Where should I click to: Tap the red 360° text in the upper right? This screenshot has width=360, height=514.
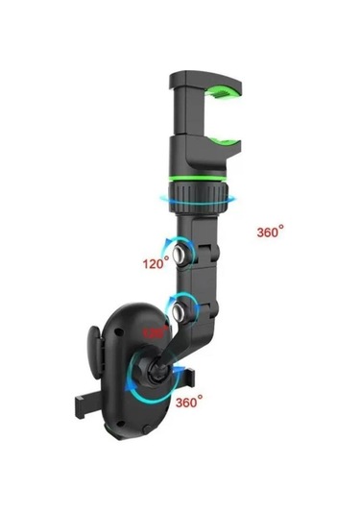point(271,232)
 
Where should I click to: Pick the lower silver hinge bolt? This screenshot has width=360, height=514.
point(179,309)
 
